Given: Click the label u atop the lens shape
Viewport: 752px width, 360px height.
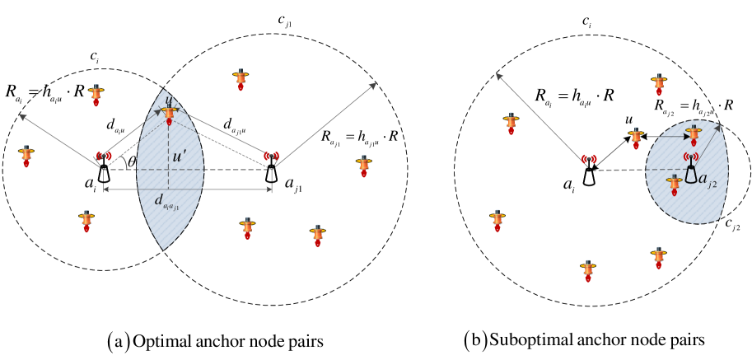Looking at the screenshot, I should (x=169, y=101).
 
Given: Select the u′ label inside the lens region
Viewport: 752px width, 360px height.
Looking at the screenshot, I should (x=179, y=156).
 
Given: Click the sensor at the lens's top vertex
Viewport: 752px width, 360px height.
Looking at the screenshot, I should (x=170, y=115).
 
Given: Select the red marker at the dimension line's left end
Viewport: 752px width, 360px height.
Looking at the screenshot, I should (x=104, y=156).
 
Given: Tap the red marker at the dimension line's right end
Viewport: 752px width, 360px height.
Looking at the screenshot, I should (x=271, y=156).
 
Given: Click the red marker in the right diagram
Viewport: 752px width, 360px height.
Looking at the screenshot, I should (x=589, y=159).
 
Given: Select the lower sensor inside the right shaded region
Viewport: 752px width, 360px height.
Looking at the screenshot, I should (x=674, y=185).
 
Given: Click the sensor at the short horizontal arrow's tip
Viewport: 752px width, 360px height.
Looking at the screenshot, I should (x=694, y=134).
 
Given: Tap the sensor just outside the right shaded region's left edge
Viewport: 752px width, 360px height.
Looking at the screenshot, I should (x=636, y=138).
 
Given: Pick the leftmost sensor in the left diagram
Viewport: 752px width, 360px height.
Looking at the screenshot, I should (x=26, y=156).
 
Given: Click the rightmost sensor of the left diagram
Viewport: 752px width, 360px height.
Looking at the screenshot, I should (x=363, y=166).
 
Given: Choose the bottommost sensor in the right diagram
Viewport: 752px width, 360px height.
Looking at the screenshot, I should (x=588, y=271).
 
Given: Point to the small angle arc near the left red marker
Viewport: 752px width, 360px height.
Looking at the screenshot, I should (x=124, y=162).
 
